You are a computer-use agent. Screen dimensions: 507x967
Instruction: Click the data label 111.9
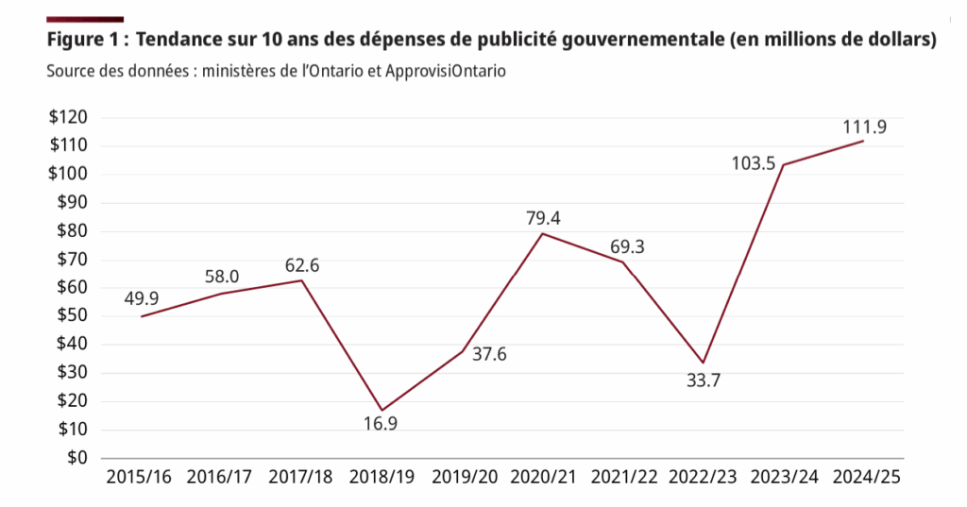[866, 127]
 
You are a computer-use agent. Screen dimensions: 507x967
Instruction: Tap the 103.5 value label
[754, 163]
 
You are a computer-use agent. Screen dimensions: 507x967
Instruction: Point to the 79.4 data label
[544, 218]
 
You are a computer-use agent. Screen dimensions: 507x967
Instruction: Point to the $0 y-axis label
[76, 458]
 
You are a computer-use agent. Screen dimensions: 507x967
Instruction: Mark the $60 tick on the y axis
[71, 288]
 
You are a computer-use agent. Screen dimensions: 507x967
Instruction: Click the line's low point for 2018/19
[382, 410]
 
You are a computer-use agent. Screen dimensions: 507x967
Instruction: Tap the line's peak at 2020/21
[543, 233]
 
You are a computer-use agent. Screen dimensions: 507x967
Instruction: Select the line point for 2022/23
[704, 363]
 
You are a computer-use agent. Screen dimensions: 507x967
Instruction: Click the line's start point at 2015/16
[141, 316]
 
